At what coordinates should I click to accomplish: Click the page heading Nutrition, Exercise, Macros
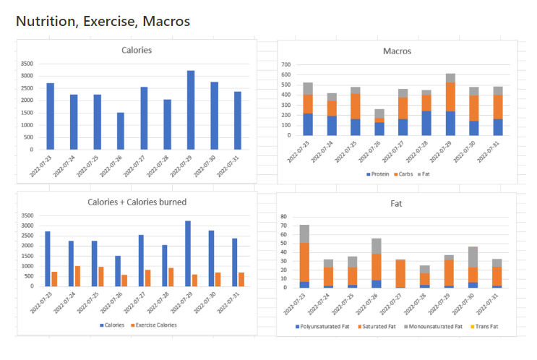tap(103, 22)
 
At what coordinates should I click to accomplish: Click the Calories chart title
tap(137, 50)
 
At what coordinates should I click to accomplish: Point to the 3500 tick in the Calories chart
tap(27, 64)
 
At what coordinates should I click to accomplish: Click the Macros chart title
tap(397, 51)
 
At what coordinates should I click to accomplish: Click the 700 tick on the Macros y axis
tap(286, 64)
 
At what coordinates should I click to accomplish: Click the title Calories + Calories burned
tap(137, 201)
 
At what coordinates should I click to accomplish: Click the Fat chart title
tap(397, 204)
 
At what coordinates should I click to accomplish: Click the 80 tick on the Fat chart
tap(285, 216)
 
